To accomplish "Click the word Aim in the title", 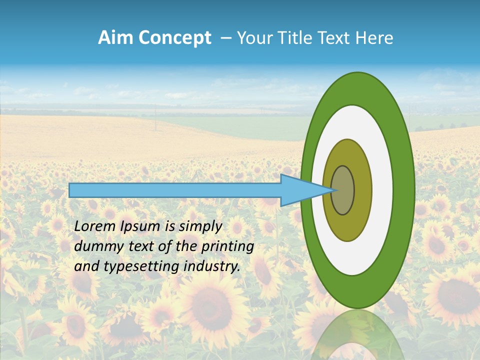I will (x=116, y=38).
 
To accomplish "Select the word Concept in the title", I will (x=175, y=38).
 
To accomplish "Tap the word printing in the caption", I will (x=227, y=247).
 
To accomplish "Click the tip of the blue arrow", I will (x=332, y=190).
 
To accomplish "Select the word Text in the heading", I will (x=337, y=38).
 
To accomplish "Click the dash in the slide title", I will (x=225, y=38).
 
